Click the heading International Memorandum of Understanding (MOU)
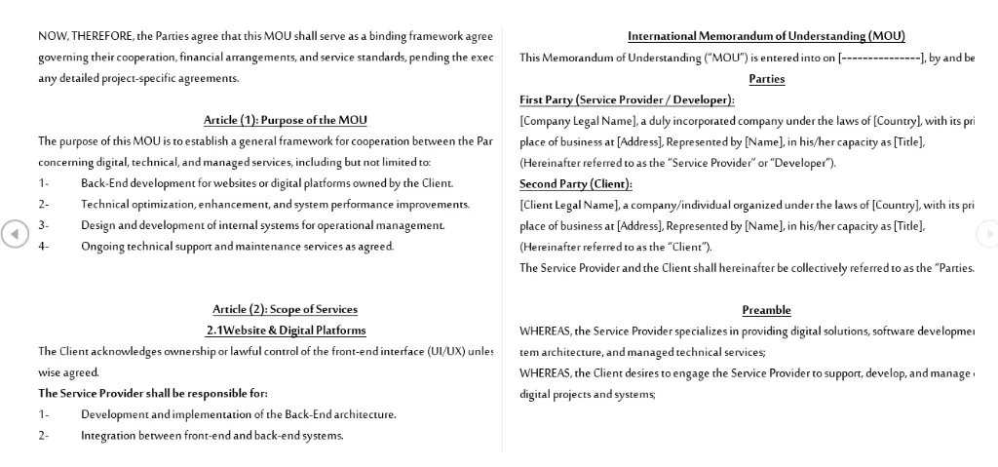tap(766, 36)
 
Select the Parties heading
tap(766, 79)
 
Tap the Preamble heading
tap(766, 310)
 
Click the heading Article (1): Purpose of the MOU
tap(285, 120)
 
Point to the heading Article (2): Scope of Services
tap(285, 309)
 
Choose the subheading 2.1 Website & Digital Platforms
tap(286, 331)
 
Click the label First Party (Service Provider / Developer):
tap(627, 99)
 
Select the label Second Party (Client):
tap(575, 183)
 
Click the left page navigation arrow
tap(14, 234)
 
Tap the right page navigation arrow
tap(986, 234)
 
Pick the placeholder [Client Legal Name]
tap(569, 205)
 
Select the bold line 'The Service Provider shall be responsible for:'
tap(153, 393)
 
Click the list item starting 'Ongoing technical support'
tap(237, 246)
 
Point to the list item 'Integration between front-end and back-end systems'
tap(211, 435)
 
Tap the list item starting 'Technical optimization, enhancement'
tap(275, 204)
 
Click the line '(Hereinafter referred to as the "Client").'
tap(615, 247)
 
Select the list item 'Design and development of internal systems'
tap(262, 225)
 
